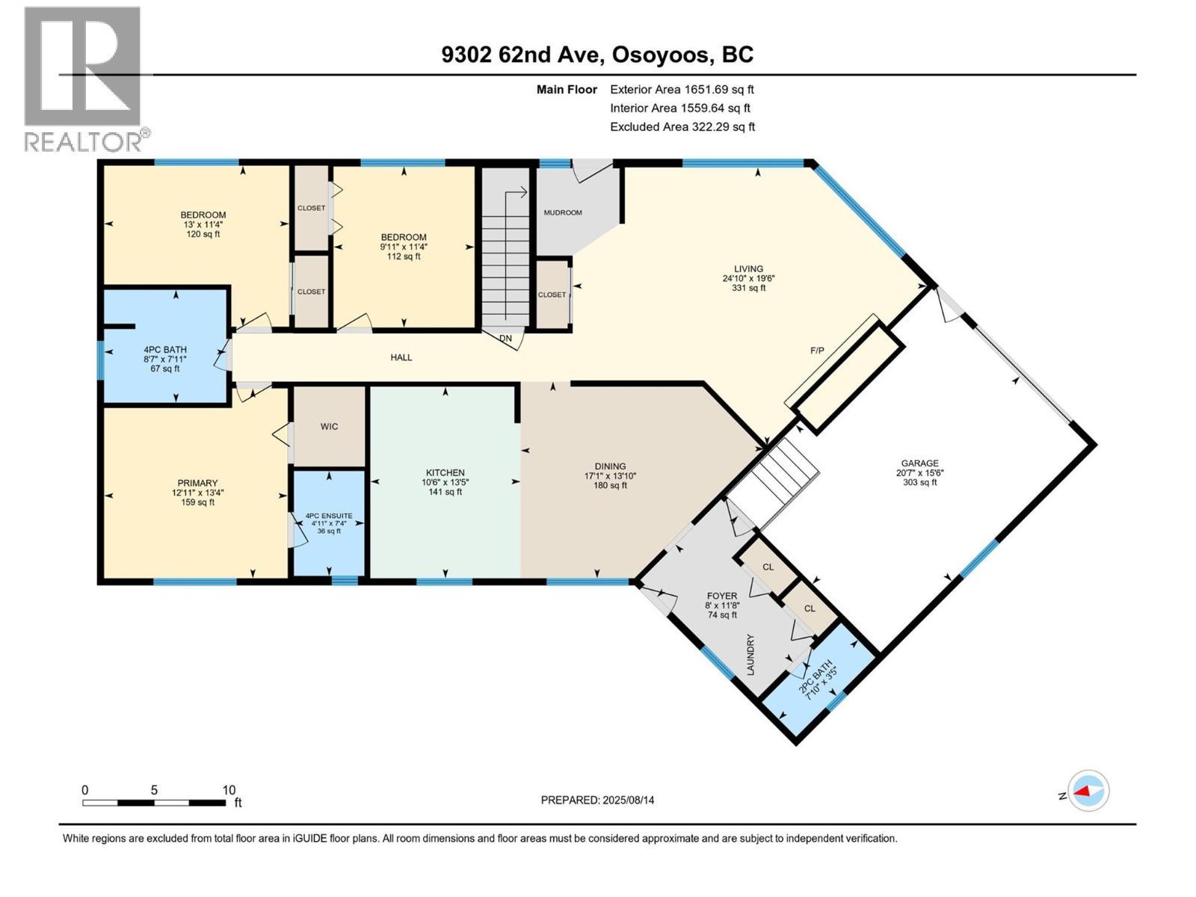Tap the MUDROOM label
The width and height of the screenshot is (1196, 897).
point(563,212)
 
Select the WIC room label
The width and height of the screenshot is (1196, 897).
point(329,426)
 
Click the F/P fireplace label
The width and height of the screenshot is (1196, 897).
point(817,351)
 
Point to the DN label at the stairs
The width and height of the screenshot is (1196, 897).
point(505,338)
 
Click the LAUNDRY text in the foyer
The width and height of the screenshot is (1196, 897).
point(750,655)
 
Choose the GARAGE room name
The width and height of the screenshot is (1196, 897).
point(919,463)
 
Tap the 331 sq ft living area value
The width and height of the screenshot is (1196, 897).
point(749,288)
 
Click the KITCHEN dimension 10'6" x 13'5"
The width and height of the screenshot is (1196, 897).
point(446,482)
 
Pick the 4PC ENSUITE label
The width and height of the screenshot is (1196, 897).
point(329,516)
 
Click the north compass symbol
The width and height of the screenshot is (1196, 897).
point(1088,791)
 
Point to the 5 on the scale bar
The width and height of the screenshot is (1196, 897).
point(154,789)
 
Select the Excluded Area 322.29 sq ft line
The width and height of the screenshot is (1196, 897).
point(682,127)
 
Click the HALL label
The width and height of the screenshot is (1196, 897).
point(401,357)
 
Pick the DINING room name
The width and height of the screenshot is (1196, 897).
point(610,466)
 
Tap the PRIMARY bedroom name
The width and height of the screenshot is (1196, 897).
point(197,483)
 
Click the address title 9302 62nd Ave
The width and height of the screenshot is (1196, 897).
point(520,55)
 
